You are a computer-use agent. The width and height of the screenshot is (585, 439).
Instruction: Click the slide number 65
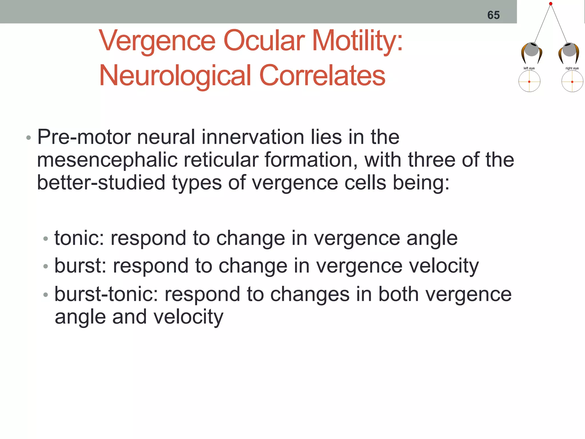tap(493, 15)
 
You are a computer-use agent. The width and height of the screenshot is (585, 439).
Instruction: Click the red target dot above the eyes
tap(551, 4)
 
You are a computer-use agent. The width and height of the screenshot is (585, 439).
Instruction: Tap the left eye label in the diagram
tap(529, 68)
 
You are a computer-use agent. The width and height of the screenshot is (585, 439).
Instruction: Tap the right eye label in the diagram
tap(572, 68)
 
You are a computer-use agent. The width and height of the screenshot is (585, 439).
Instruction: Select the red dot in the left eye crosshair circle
tap(529, 82)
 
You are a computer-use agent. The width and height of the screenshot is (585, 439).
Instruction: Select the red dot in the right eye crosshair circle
tap(572, 82)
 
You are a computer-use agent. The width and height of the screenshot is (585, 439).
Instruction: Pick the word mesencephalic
tap(107, 160)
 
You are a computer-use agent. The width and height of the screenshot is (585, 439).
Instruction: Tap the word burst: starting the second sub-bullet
tap(80, 266)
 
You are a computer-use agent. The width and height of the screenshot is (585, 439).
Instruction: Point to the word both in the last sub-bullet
tap(398, 294)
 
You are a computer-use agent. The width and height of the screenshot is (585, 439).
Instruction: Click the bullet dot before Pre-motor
tap(28, 138)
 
